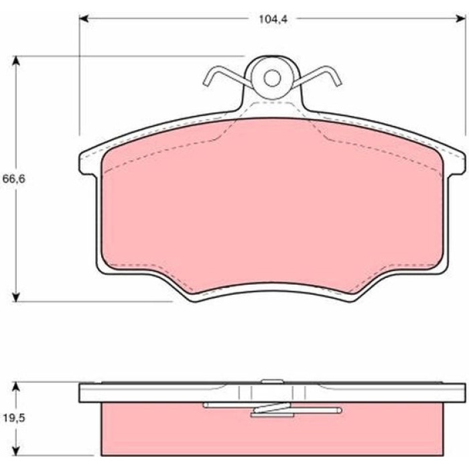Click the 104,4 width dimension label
(273, 19)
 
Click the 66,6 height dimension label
(14, 179)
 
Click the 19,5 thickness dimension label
(14, 418)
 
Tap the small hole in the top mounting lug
(272, 78)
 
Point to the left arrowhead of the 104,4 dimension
(84, 19)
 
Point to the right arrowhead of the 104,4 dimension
(461, 19)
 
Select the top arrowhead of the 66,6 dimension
(16, 61)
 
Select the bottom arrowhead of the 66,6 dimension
(16, 296)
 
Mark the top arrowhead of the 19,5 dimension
(16, 387)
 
